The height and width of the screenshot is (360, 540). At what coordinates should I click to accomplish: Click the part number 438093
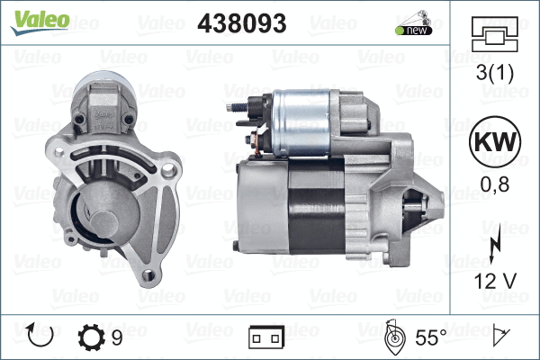[241, 22]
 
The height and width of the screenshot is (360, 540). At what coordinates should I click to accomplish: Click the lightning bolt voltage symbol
[494, 247]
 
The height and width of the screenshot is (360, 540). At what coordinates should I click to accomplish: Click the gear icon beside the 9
[92, 337]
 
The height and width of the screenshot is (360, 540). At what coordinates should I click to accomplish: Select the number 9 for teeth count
[118, 337]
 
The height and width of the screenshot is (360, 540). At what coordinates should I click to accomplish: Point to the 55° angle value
[430, 337]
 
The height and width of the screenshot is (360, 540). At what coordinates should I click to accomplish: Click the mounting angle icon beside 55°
[394, 337]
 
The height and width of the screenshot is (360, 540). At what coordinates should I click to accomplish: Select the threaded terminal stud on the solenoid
[232, 107]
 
